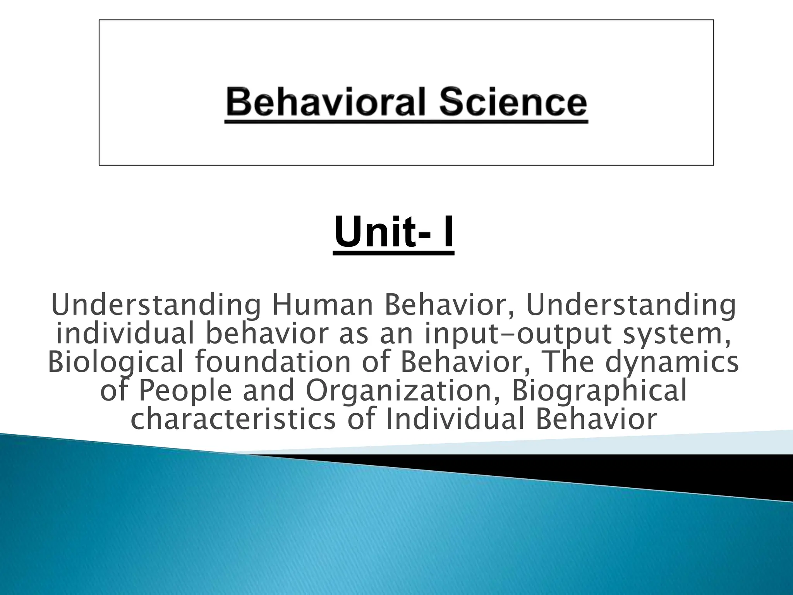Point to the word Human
pos(322,306)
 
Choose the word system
pos(677,334)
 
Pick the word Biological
pos(115,362)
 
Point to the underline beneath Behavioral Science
pos(406,122)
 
